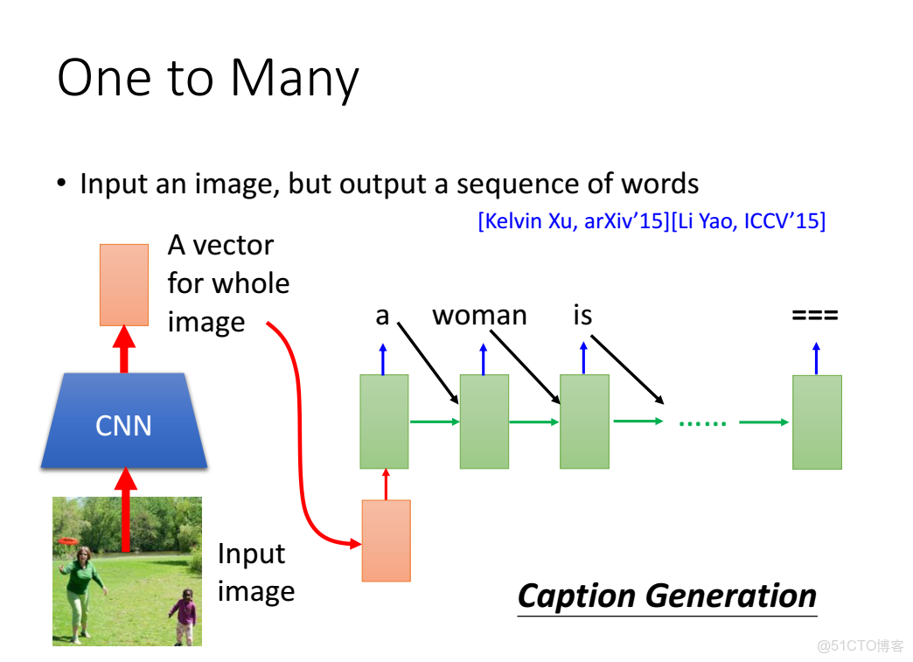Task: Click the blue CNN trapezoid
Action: click(x=124, y=421)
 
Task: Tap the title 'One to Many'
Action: click(x=208, y=79)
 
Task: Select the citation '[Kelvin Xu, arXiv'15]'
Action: click(x=574, y=221)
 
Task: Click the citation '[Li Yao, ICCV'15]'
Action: click(x=749, y=221)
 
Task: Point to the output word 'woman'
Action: click(x=479, y=316)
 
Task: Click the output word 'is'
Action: click(x=582, y=315)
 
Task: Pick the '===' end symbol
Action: click(x=814, y=316)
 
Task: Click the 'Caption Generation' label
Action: click(x=667, y=596)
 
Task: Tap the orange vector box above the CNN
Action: click(x=124, y=285)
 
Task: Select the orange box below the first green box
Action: click(x=386, y=540)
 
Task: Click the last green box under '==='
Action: click(x=817, y=422)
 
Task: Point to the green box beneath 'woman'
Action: click(x=484, y=422)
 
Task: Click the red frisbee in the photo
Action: click(x=68, y=541)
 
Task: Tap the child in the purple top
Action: click(x=184, y=616)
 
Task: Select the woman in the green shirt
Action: click(x=81, y=594)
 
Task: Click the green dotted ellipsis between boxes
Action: click(x=703, y=423)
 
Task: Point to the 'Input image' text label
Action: click(x=256, y=573)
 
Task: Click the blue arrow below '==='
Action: click(x=816, y=358)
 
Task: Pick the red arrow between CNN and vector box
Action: click(x=124, y=349)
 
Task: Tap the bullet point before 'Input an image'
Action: click(x=62, y=184)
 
